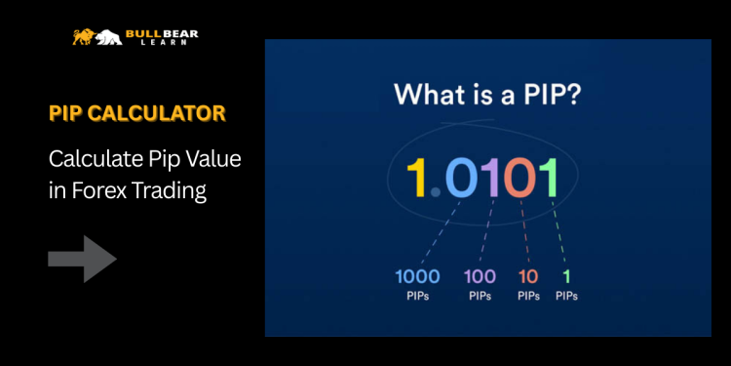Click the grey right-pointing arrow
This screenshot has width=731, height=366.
point(83,259)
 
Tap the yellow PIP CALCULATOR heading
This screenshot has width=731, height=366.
point(136,113)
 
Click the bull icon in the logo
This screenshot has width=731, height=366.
point(85,37)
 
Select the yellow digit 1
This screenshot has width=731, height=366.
point(416,178)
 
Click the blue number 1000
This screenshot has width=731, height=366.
point(417,275)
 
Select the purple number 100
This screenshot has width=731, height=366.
point(480,275)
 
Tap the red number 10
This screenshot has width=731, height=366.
point(528,275)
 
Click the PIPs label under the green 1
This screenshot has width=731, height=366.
point(566,296)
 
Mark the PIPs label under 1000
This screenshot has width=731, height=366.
point(417,296)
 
